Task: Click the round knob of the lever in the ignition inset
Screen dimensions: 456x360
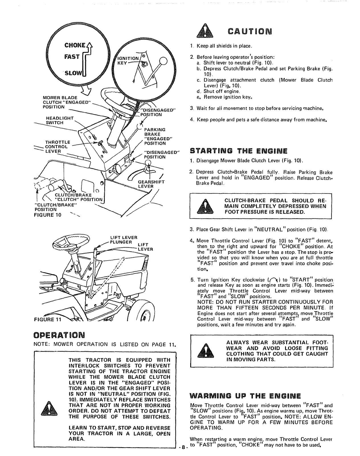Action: pos(164,61)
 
